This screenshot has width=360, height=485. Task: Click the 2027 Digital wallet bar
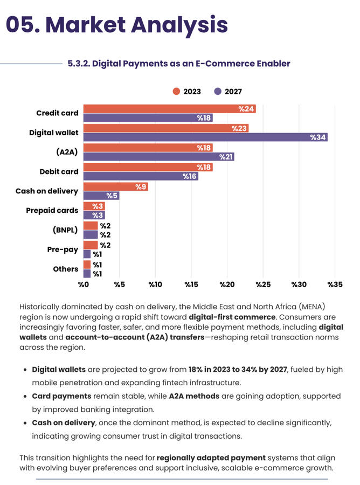coord(205,137)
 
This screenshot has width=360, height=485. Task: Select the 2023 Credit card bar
coord(169,109)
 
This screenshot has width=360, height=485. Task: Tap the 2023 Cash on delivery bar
coord(115,187)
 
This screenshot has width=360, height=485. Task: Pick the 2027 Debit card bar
coord(141,176)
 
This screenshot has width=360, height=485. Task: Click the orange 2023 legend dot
coord(176,92)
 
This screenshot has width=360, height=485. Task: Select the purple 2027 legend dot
coord(218,92)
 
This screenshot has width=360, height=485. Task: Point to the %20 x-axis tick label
coord(227,284)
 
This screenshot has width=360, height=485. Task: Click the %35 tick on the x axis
coord(335,284)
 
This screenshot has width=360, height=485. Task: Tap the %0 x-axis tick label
coord(83,284)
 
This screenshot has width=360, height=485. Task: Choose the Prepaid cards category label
coord(52,210)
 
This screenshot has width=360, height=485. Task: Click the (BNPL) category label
coord(65,230)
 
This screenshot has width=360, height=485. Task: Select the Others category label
coord(66,268)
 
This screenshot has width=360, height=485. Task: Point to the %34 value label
coord(318,137)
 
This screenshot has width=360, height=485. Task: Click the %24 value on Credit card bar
coord(246,109)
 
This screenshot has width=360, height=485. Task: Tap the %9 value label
coord(141,187)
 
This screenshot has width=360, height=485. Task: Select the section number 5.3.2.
coord(79,64)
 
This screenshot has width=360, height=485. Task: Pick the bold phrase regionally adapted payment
coord(211,458)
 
